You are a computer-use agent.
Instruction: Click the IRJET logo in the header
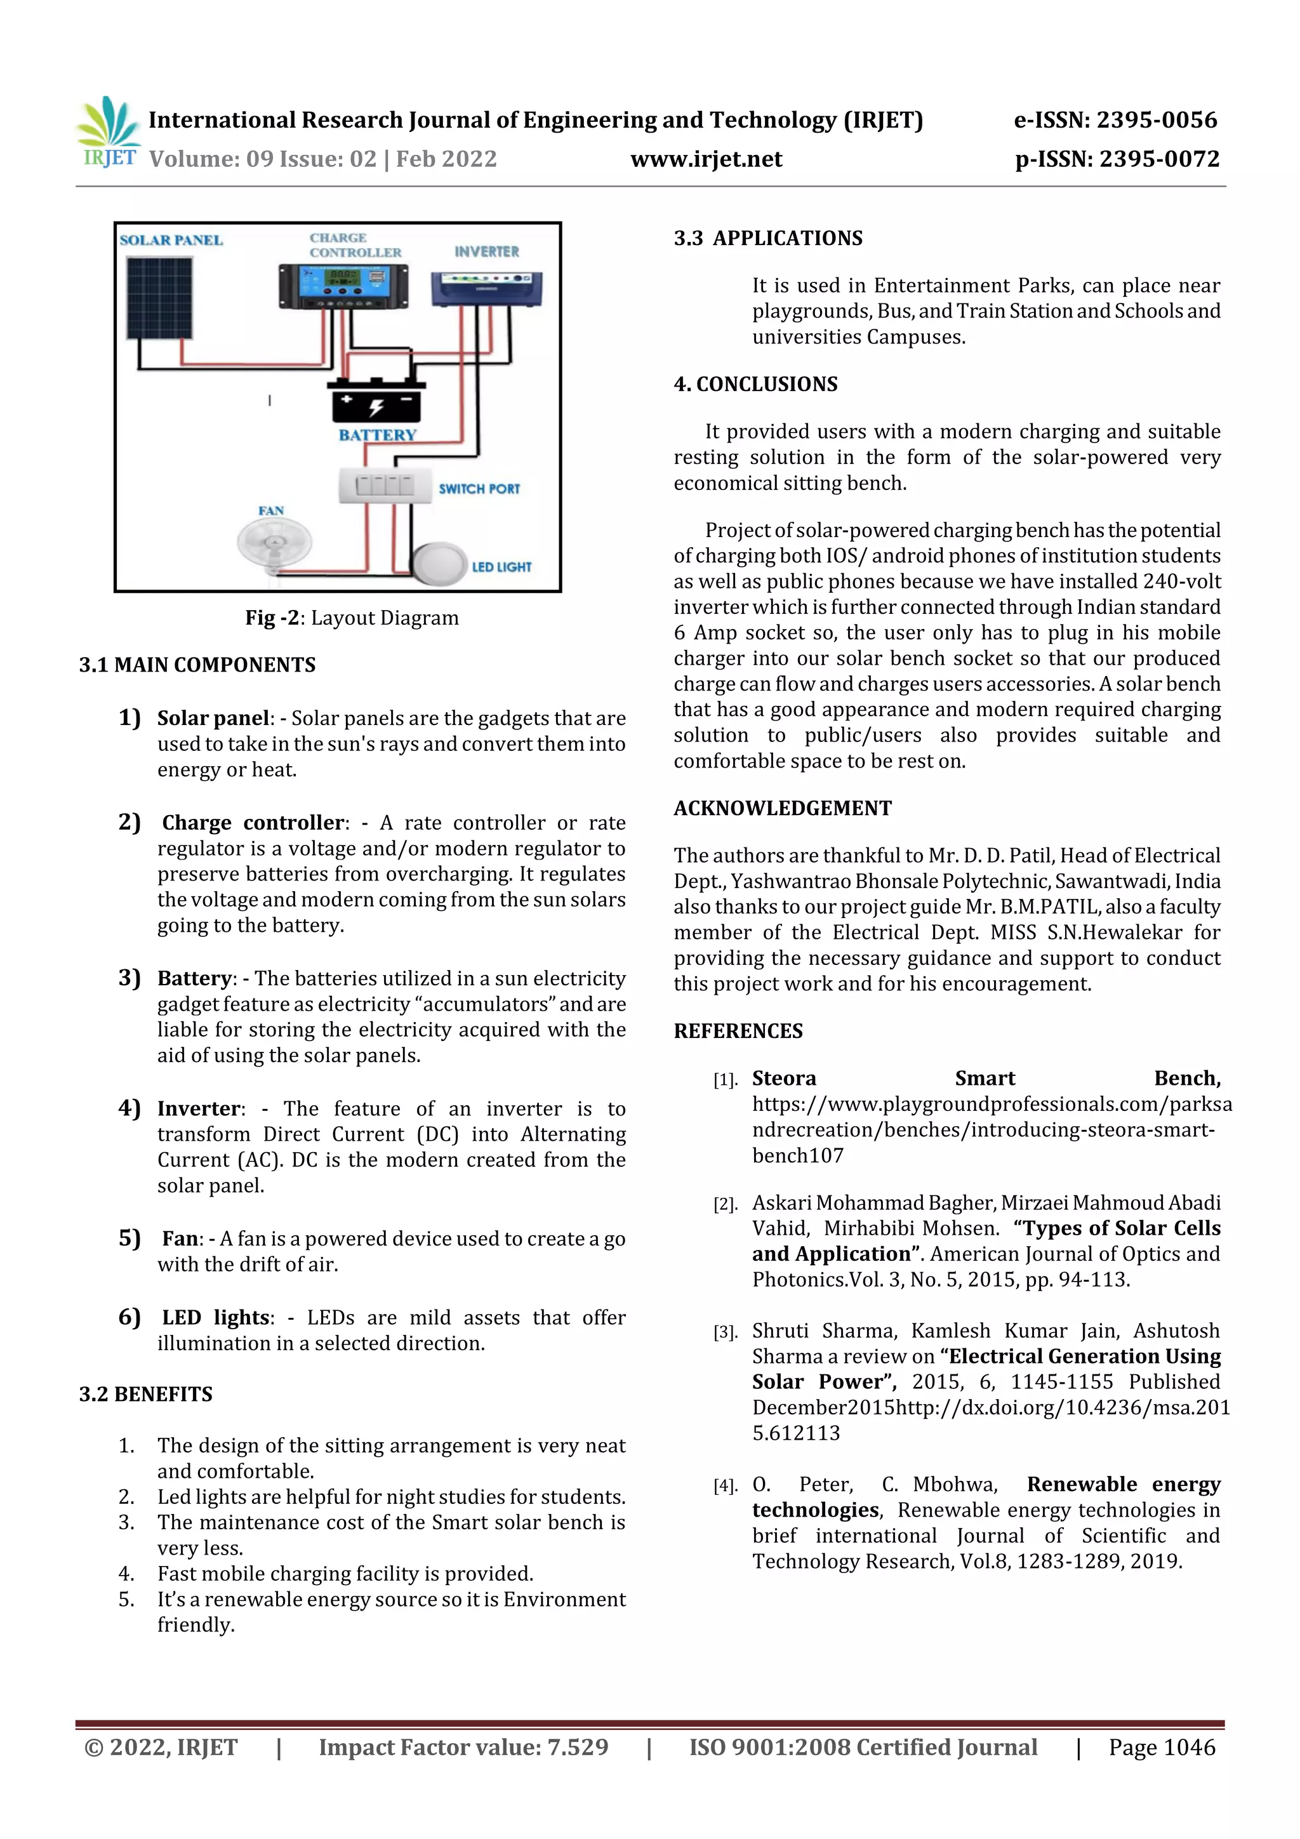tap(108, 133)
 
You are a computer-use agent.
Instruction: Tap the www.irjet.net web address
tap(706, 159)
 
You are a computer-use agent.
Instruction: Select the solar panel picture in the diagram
tap(160, 298)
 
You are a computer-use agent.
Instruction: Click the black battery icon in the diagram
tap(376, 401)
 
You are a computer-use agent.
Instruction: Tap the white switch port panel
tap(385, 486)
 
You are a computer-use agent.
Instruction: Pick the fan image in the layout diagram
tap(274, 545)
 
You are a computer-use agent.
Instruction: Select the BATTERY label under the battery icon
tap(377, 435)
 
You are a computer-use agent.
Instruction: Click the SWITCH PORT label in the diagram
tap(479, 489)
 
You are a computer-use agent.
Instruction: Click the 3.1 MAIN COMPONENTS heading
tap(197, 665)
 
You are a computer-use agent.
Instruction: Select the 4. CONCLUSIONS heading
tap(755, 385)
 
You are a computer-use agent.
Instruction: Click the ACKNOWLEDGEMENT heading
tap(783, 808)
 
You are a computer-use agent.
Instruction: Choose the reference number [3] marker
tap(725, 1332)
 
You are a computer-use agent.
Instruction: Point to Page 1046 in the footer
tap(1162, 1747)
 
